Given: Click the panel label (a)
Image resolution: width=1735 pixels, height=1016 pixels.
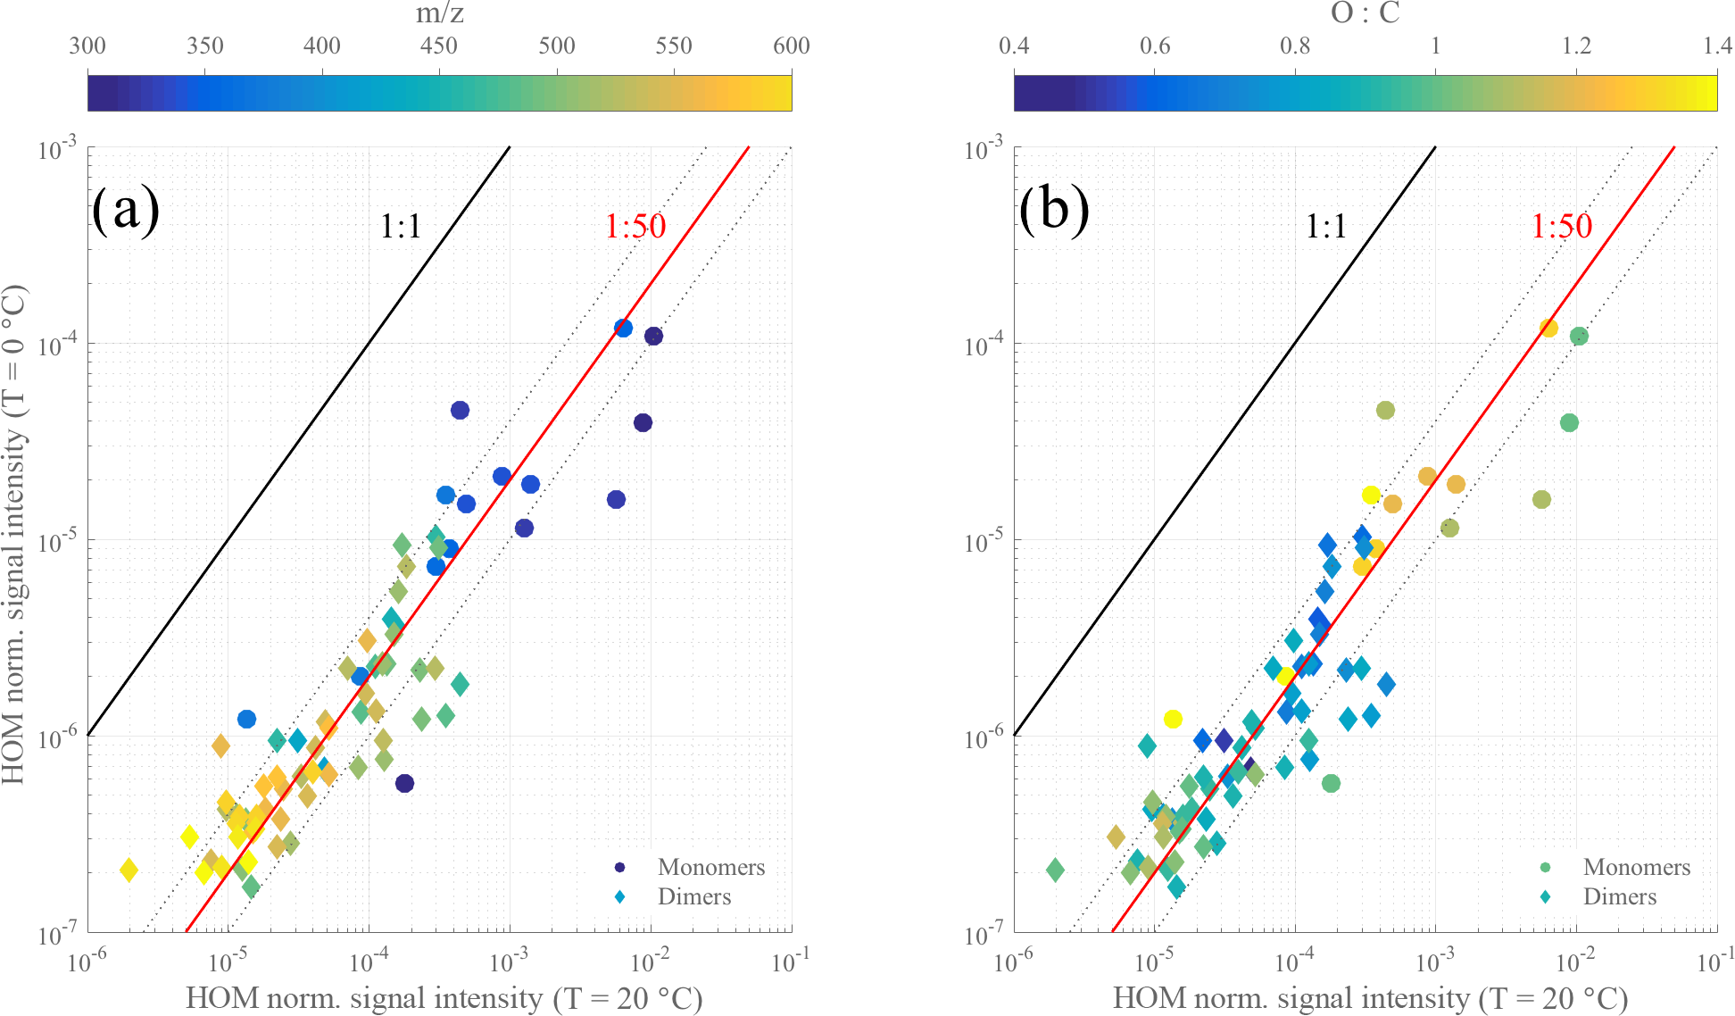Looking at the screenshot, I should click(x=126, y=211).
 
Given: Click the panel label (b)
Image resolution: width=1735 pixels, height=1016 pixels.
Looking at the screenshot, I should click(x=1054, y=211).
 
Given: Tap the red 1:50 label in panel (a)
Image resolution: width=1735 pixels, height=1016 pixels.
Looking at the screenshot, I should click(x=635, y=226).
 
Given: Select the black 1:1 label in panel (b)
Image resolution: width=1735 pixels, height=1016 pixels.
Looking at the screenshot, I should click(x=1325, y=227).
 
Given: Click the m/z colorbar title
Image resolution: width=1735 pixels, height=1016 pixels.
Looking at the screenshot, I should click(x=439, y=13).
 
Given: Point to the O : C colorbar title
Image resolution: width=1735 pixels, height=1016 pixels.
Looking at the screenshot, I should click(x=1366, y=13).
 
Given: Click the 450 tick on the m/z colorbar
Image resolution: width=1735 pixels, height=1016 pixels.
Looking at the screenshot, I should click(x=439, y=46).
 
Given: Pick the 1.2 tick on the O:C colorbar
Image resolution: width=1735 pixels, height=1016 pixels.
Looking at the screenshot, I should click(x=1576, y=46).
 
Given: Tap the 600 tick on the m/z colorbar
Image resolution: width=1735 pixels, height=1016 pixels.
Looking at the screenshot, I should click(x=791, y=46).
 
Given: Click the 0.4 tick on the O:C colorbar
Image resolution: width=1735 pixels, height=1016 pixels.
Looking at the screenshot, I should click(x=1015, y=46).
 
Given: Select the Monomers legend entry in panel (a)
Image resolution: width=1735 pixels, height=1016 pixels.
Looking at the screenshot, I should click(x=710, y=867).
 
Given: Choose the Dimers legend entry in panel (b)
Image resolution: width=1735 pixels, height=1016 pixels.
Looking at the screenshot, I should click(x=1619, y=896).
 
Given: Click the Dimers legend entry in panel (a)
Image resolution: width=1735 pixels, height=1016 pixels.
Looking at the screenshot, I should click(x=693, y=896).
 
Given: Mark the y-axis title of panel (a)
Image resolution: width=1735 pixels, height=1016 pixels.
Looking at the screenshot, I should click(x=14, y=536).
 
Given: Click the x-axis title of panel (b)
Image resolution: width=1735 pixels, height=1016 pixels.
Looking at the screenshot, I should click(x=1370, y=998).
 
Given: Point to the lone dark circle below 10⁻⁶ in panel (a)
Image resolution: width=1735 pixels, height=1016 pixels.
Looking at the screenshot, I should click(x=404, y=783).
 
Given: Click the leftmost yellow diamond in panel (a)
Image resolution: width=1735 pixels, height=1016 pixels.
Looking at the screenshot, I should click(x=129, y=870).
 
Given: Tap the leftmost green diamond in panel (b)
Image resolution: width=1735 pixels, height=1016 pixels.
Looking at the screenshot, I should click(x=1055, y=870).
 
